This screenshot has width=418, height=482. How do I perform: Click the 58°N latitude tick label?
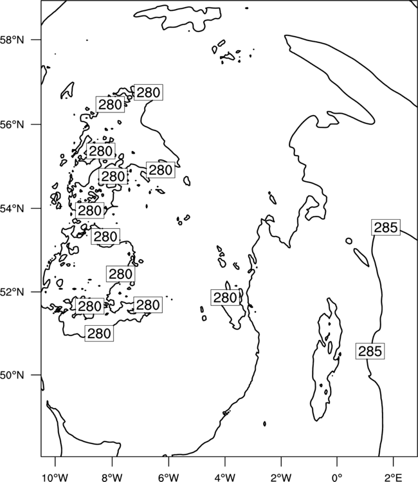[12, 40]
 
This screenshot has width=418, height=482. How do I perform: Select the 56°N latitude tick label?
[12, 125]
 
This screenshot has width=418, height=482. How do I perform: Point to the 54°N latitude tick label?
[12, 208]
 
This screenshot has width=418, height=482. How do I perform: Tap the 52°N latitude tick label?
[12, 292]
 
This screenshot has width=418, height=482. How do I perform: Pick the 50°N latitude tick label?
[12, 375]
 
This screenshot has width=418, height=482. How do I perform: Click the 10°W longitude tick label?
[55, 478]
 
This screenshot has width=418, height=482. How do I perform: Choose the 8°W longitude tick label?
[112, 478]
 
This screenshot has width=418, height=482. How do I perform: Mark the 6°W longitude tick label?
[168, 478]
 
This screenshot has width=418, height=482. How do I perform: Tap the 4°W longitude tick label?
[225, 478]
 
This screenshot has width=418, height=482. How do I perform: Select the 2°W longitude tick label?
[281, 478]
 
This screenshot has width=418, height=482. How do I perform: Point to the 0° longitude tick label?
[338, 478]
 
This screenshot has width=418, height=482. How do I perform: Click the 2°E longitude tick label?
[394, 478]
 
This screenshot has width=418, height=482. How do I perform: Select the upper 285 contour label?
[386, 228]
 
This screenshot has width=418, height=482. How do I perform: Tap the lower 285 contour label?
[370, 351]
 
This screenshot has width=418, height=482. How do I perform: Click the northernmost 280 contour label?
[149, 92]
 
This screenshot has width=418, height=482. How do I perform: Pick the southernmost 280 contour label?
[99, 333]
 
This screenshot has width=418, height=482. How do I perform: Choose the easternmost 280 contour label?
[225, 298]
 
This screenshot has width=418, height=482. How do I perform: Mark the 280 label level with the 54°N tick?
[89, 211]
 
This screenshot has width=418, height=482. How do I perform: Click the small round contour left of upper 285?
[349, 241]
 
